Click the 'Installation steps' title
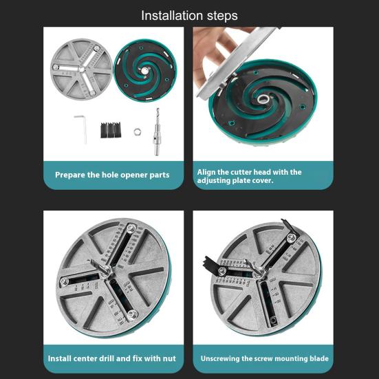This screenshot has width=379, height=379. pyautogui.click(x=189, y=15)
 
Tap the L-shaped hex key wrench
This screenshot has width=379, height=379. pyautogui.click(x=81, y=128)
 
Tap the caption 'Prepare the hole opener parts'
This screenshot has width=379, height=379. pyautogui.click(x=112, y=175)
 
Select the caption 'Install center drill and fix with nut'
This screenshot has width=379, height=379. pyautogui.click(x=112, y=358)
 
